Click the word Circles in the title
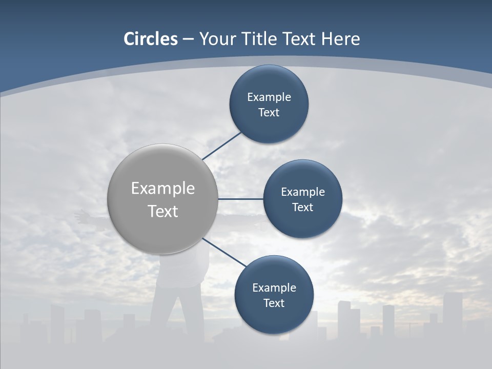[150, 39]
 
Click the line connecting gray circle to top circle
[222, 146]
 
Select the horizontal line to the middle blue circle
[240, 199]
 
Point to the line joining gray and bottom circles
[224, 253]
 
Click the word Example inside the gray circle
[163, 188]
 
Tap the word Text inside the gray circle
[163, 211]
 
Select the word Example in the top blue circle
[269, 97]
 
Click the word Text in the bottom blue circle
[274, 303]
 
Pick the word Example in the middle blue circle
[303, 192]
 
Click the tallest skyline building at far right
[452, 313]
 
